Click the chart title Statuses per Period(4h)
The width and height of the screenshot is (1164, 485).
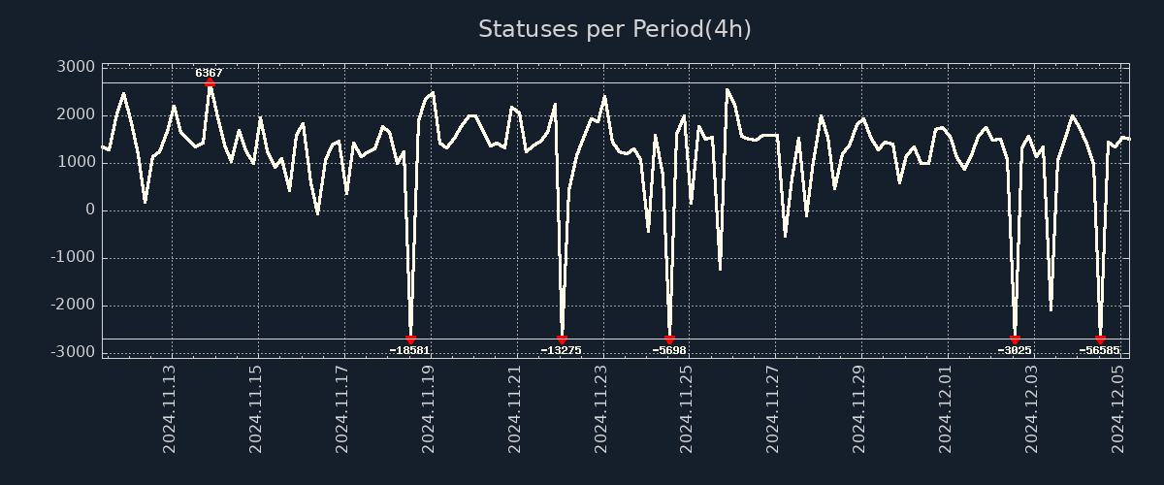click(614, 29)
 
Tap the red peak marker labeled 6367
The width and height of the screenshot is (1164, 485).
click(210, 82)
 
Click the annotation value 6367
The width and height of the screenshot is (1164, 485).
click(209, 73)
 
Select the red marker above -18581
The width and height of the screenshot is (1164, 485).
click(410, 339)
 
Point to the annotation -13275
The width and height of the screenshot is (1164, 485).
click(561, 350)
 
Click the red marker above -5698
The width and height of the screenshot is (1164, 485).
click(669, 339)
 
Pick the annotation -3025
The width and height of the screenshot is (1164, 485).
click(1015, 350)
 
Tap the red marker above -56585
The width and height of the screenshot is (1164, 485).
click(1100, 339)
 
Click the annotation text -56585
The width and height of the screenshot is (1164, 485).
click(1099, 350)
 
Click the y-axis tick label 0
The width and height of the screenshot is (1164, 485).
click(90, 210)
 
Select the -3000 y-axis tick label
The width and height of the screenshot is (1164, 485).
click(73, 352)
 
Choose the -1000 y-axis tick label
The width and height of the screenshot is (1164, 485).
click(73, 257)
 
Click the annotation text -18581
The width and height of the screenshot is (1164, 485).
click(409, 350)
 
